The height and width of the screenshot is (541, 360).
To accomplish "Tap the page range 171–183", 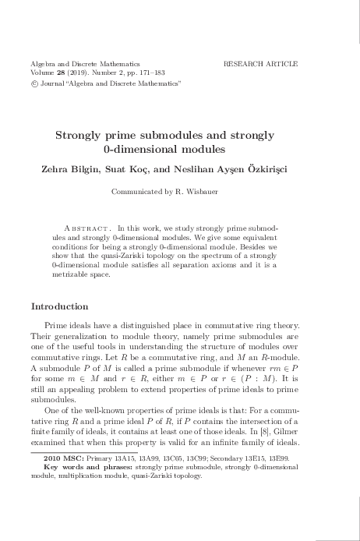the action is click(157, 71).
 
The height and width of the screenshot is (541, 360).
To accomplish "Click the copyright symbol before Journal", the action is click(34, 82).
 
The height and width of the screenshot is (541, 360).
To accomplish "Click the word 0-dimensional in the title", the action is click(156, 148).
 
